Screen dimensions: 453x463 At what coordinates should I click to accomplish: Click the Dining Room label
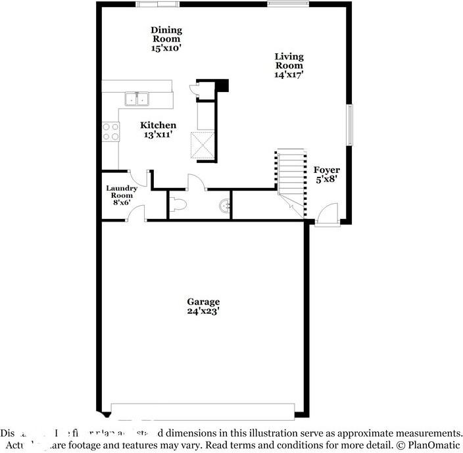[166, 34]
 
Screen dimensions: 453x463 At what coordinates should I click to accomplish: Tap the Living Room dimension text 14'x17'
[289, 75]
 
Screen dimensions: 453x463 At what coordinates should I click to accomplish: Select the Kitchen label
[158, 125]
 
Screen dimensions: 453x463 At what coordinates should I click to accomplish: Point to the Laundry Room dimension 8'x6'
[121, 203]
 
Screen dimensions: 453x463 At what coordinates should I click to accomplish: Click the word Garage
[203, 302]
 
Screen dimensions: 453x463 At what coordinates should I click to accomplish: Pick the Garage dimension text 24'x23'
[203, 311]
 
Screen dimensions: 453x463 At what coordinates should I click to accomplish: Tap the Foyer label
[326, 170]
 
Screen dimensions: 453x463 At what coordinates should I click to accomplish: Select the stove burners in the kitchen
[110, 131]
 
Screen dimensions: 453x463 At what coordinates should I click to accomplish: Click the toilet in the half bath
[179, 205]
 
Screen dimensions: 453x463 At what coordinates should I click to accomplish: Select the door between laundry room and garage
[136, 214]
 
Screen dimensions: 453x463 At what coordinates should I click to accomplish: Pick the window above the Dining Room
[157, 4]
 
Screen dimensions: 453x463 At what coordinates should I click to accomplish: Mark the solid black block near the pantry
[222, 85]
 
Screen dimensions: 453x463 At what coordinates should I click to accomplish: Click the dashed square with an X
[203, 145]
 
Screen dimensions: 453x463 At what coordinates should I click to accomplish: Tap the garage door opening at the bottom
[203, 412]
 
